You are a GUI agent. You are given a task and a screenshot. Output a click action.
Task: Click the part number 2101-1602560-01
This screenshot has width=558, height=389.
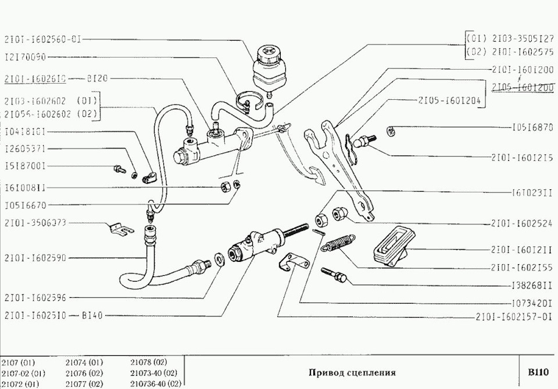[42, 39]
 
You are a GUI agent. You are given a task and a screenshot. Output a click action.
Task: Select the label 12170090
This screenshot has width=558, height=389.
[25, 57]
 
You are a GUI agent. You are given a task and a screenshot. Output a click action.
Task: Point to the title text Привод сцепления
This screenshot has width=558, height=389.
[352, 372]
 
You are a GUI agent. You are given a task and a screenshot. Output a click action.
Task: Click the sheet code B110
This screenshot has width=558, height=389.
[538, 372]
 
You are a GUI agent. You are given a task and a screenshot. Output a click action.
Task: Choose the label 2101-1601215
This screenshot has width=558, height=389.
[522, 157]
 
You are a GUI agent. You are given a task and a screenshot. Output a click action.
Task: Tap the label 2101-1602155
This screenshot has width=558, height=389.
[522, 268]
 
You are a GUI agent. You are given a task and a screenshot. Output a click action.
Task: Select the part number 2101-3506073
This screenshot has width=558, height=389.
[35, 222]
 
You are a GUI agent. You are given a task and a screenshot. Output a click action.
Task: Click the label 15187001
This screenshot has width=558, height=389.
[25, 166]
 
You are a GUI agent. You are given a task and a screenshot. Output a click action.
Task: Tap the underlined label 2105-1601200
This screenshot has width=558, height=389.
[522, 87]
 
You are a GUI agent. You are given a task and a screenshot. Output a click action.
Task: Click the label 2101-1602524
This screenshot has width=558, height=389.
[522, 222]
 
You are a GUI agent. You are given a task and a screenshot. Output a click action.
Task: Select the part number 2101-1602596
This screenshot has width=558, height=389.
[35, 298]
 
